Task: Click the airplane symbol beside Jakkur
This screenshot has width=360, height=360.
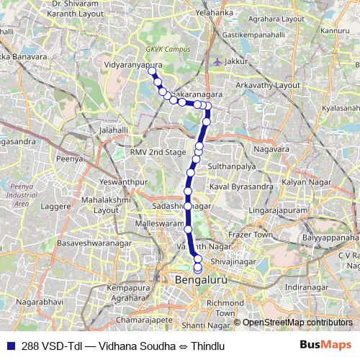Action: pos(217,60)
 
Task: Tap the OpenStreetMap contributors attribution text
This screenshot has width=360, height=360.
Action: pos(297,323)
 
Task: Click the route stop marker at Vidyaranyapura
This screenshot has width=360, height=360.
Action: pos(151,71)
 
